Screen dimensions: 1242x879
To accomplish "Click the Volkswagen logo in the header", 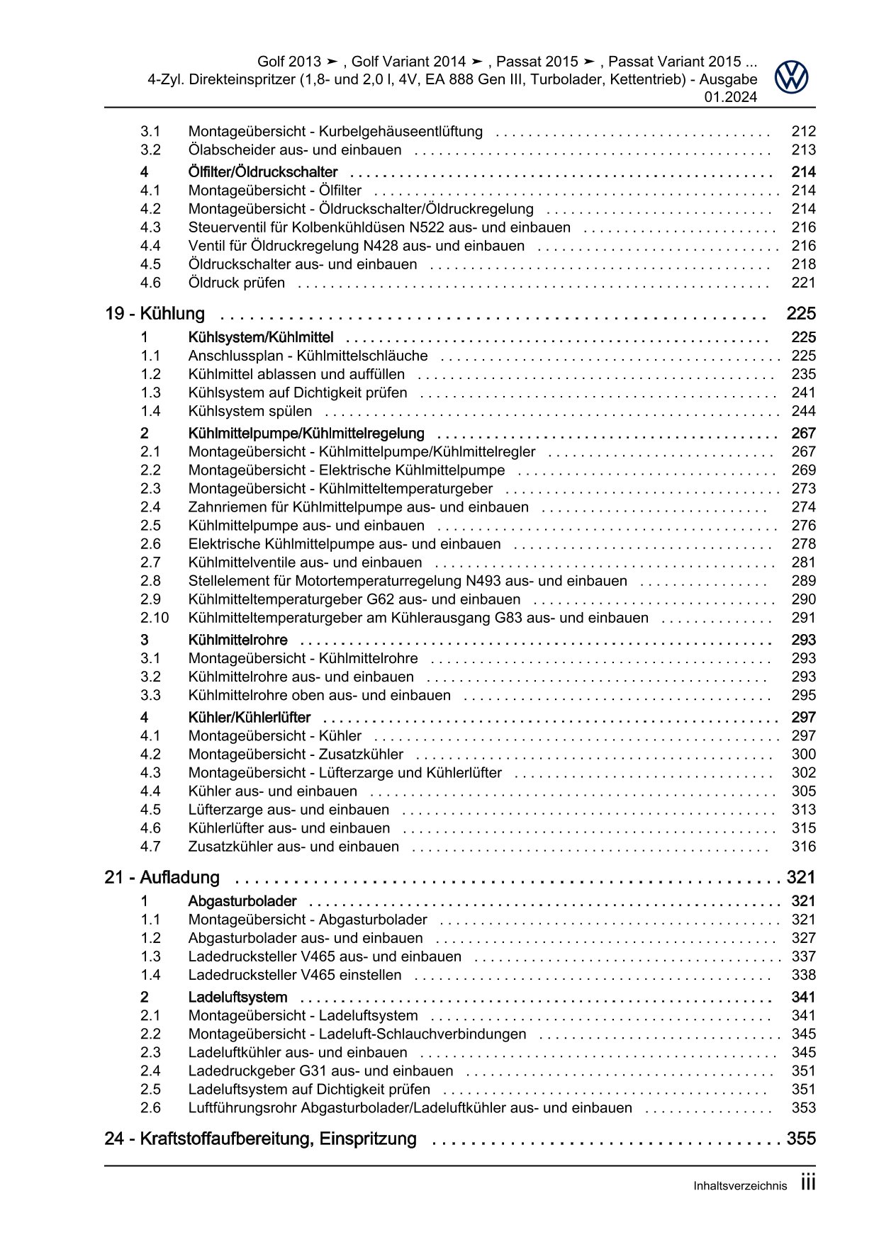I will point(791,77).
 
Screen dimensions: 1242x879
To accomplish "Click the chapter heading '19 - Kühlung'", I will point(155,314).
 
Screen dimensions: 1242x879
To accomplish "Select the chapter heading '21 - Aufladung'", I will point(162,878).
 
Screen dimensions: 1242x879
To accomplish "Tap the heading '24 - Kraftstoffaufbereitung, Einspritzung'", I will point(260,1139).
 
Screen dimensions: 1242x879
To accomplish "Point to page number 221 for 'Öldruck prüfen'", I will point(803,283).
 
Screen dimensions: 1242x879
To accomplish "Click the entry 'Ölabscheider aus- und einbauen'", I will point(295,150).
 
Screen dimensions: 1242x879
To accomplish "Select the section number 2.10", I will point(155,618).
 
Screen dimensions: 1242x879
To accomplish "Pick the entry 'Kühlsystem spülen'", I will point(250,411).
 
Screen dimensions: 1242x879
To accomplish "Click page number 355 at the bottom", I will point(801,1139).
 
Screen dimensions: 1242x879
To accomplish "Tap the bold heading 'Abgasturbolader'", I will point(242,901).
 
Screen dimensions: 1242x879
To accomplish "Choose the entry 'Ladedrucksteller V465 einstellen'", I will point(295,975).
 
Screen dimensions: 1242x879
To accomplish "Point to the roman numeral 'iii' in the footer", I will point(807,1183).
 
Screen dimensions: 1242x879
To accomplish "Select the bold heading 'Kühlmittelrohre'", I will point(238,640).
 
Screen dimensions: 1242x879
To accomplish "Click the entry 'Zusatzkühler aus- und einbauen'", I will point(293,847).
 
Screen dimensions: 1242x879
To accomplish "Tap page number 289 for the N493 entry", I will point(803,581).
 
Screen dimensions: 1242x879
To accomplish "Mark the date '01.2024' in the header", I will point(730,98).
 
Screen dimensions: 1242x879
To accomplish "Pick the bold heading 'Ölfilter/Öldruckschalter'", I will point(263,172).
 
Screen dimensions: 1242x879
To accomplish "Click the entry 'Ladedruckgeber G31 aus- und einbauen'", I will point(320,1071).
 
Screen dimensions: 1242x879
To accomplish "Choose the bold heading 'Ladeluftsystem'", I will point(237,997).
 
